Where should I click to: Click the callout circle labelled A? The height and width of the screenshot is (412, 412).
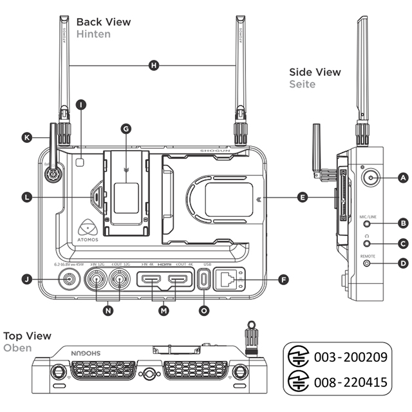[x=403, y=177]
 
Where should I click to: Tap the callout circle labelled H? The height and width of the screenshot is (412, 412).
[x=153, y=65]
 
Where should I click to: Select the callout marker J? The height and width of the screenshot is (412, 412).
[x=27, y=279]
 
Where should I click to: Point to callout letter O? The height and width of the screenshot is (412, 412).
[x=204, y=310]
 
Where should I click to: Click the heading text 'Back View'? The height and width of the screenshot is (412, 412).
[x=103, y=22]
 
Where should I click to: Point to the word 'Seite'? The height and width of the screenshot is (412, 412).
[x=302, y=84]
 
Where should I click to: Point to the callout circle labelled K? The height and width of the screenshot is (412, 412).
[x=26, y=137]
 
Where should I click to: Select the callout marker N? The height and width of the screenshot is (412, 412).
[x=108, y=310]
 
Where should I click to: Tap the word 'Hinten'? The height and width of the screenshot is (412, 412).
[x=93, y=33]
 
